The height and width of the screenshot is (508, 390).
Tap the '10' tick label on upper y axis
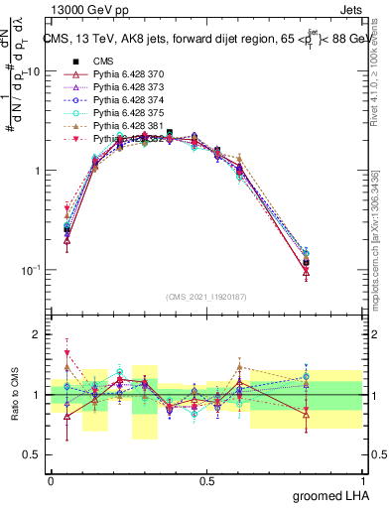point(32,72)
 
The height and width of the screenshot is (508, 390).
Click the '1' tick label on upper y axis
point(36,171)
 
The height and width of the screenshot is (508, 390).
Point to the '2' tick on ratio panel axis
point(36,334)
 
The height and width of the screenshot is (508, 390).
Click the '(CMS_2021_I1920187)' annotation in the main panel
point(206,295)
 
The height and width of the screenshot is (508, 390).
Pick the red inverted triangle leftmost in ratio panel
point(66,352)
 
